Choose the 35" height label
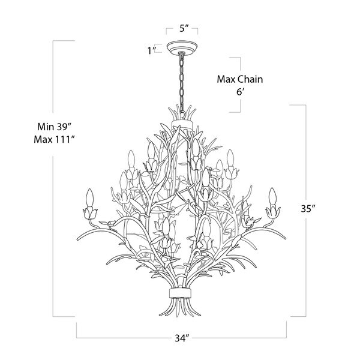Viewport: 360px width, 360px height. tap(308, 210)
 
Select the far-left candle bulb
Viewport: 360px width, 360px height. tap(91, 197)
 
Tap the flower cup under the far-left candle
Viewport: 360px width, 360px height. tap(92, 212)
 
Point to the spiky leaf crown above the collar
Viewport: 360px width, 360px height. tap(182, 112)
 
